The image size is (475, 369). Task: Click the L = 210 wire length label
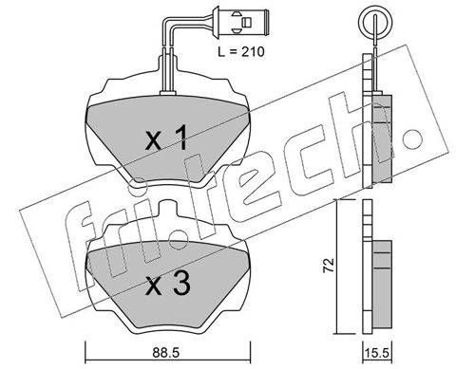pos(241,51)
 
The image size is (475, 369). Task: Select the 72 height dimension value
pos(329,265)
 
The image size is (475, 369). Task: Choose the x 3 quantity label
pos(168,284)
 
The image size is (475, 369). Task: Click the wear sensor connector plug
pos(241,22)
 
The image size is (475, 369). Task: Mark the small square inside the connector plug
pos(246,22)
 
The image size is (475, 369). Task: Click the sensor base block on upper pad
pos(168,93)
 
